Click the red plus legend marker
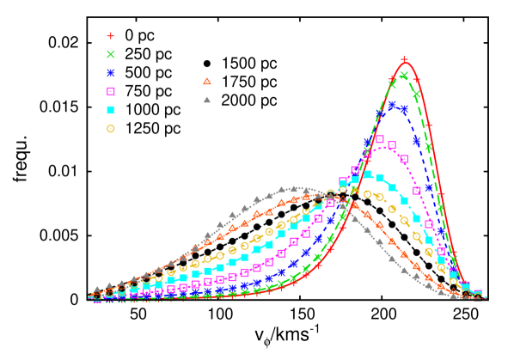pyautogui.click(x=110, y=36)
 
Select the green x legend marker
pyautogui.click(x=110, y=54)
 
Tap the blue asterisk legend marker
pyautogui.click(x=110, y=73)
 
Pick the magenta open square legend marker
pyautogui.click(x=110, y=91)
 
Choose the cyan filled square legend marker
pyautogui.click(x=110, y=110)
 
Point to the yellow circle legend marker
pyautogui.click(x=110, y=129)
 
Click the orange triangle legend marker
pyautogui.click(x=206, y=82)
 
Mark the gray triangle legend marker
pyautogui.click(x=206, y=100)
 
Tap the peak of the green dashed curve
pyautogui.click(x=402, y=76)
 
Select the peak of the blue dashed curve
pyautogui.click(x=392, y=105)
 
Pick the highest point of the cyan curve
pyautogui.click(x=366, y=174)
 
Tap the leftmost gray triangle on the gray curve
pyautogui.click(x=96, y=290)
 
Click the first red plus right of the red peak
pyautogui.click(x=417, y=80)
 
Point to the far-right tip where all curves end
pyautogui.click(x=486, y=298)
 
